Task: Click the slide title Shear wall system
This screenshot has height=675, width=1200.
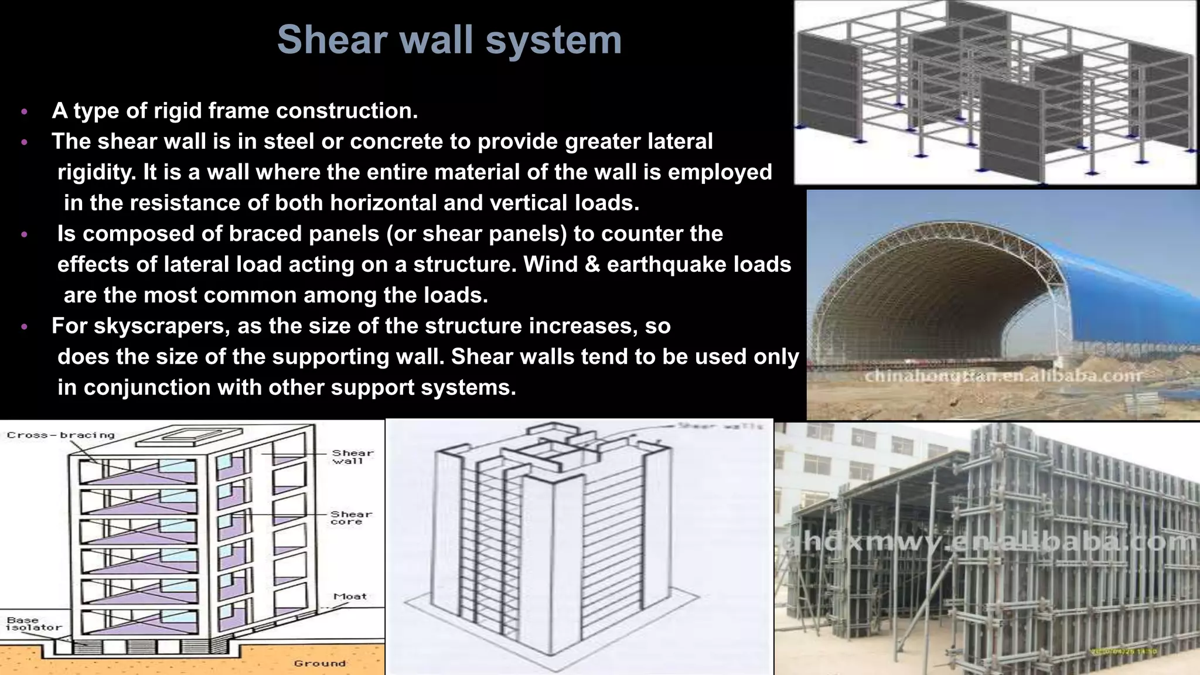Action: pos(449,40)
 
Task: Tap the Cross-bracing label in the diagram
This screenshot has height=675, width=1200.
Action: pos(61,435)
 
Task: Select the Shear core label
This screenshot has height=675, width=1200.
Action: pos(351,517)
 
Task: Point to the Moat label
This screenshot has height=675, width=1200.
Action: pos(350,596)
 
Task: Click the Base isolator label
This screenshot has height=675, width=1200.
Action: pos(33,623)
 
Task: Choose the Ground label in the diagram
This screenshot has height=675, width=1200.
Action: pos(320,663)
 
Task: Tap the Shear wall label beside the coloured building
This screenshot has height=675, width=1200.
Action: pos(352,456)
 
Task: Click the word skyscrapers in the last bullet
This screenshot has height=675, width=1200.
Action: pos(162,326)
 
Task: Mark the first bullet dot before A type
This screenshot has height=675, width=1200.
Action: pos(24,111)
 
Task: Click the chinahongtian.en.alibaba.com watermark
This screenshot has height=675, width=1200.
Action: pos(1003,376)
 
